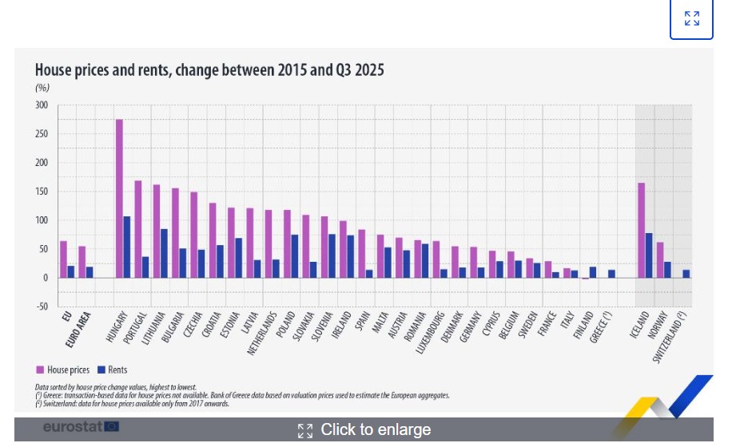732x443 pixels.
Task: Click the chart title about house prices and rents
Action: tap(209, 70)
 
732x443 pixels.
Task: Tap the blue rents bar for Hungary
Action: tap(127, 247)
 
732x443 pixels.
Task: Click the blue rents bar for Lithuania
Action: tap(164, 253)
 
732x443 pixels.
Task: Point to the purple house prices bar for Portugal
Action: tap(137, 229)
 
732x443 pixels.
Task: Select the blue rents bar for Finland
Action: tap(592, 272)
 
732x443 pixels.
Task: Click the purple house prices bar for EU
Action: tap(63, 259)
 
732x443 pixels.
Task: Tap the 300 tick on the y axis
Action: tap(42, 105)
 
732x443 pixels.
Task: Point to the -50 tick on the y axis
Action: tap(42, 307)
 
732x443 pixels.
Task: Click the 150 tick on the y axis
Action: tap(42, 192)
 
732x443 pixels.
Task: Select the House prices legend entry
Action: tap(62, 370)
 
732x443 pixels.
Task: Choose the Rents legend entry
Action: tap(112, 370)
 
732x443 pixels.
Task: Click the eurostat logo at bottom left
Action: tap(81, 427)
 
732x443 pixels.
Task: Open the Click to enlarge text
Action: tap(375, 430)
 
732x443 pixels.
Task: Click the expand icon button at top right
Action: tap(691, 18)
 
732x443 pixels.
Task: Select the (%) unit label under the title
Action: tap(42, 88)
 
